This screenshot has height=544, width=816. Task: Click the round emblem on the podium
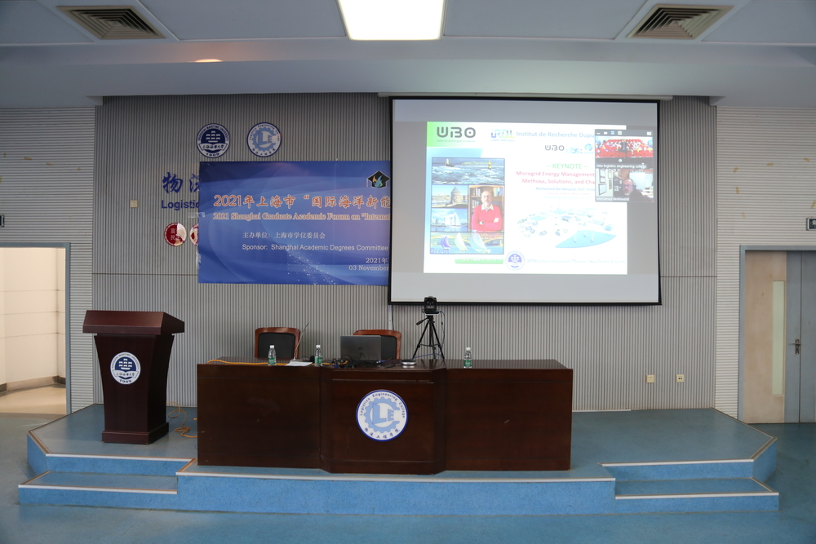tap(125, 367)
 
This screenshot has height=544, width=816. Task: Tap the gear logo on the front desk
tap(382, 415)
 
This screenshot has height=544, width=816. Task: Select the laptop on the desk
tap(361, 349)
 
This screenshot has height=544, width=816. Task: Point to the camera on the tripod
tap(430, 305)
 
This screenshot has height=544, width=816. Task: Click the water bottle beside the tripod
tap(468, 357)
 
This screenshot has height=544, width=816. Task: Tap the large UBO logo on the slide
tap(455, 132)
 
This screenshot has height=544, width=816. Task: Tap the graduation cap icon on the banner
tap(378, 179)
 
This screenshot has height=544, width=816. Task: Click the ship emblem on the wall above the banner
tap(213, 140)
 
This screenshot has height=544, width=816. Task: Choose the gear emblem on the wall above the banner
tap(264, 139)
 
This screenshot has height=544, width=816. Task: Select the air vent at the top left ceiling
tap(112, 22)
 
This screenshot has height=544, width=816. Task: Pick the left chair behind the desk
tap(277, 343)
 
